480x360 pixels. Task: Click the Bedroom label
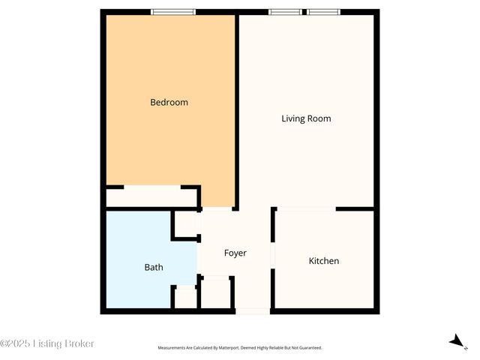(x=169, y=102)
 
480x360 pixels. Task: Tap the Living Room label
(x=306, y=118)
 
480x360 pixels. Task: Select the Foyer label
(x=235, y=253)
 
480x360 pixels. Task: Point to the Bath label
(x=154, y=267)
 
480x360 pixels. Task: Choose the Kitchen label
(x=324, y=261)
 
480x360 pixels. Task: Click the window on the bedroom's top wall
(x=173, y=12)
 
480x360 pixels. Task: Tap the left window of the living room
(x=286, y=12)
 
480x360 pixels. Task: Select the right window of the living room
(x=323, y=12)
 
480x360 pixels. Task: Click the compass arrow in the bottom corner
(x=456, y=341)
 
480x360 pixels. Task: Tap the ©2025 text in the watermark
(x=14, y=343)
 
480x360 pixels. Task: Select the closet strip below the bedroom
(x=150, y=198)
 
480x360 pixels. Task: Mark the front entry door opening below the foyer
(x=252, y=310)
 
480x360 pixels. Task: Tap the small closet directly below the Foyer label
(x=216, y=292)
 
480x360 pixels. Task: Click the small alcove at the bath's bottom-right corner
(x=185, y=296)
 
